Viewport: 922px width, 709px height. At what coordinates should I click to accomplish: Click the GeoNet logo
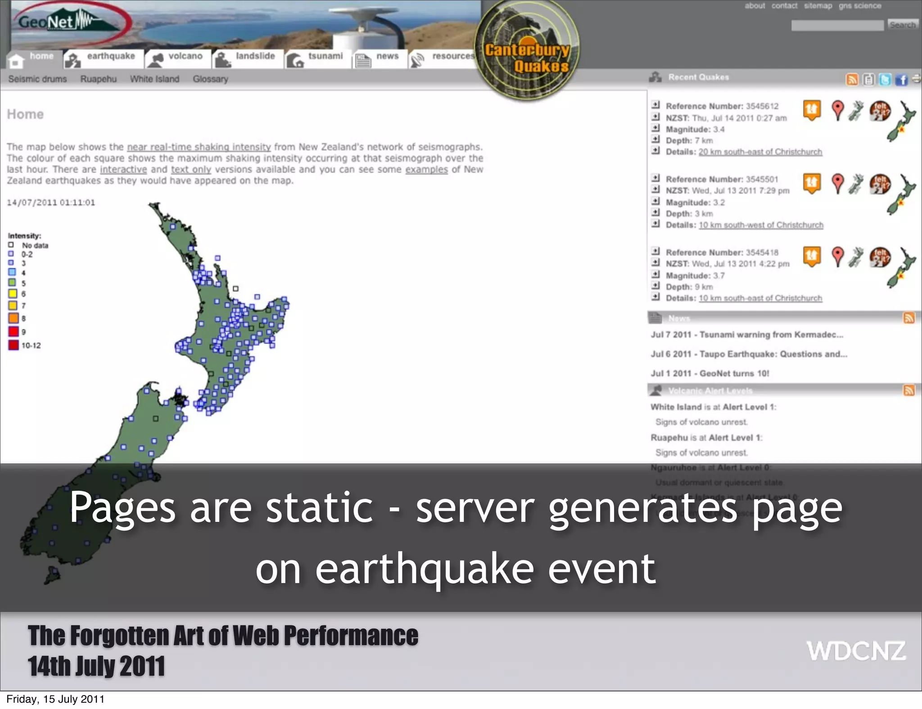[68, 22]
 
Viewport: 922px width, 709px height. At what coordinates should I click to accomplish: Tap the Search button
[902, 25]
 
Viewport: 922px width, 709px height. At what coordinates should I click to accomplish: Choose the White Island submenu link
[154, 79]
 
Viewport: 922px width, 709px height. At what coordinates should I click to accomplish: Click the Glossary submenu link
[210, 79]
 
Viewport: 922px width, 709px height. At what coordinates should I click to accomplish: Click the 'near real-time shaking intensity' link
[199, 147]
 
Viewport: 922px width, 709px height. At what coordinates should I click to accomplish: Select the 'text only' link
[191, 170]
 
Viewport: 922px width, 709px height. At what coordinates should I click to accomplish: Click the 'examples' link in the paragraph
[426, 170]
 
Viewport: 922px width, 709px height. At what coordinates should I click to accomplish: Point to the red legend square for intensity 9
[13, 332]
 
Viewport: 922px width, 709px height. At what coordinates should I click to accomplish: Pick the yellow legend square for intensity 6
[13, 294]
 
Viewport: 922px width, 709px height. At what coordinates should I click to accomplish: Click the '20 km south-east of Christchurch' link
[760, 152]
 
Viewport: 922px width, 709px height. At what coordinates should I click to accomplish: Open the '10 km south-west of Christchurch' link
[761, 225]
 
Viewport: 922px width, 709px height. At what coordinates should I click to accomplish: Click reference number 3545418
[761, 252]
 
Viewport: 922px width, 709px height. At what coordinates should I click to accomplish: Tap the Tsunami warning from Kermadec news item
[746, 335]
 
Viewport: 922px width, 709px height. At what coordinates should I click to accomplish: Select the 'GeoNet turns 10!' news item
[710, 373]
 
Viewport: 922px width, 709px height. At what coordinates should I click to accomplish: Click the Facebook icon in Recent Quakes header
[901, 80]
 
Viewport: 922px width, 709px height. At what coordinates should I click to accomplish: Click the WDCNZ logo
[856, 651]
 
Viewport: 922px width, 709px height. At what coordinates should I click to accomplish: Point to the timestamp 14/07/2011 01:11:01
[51, 202]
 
